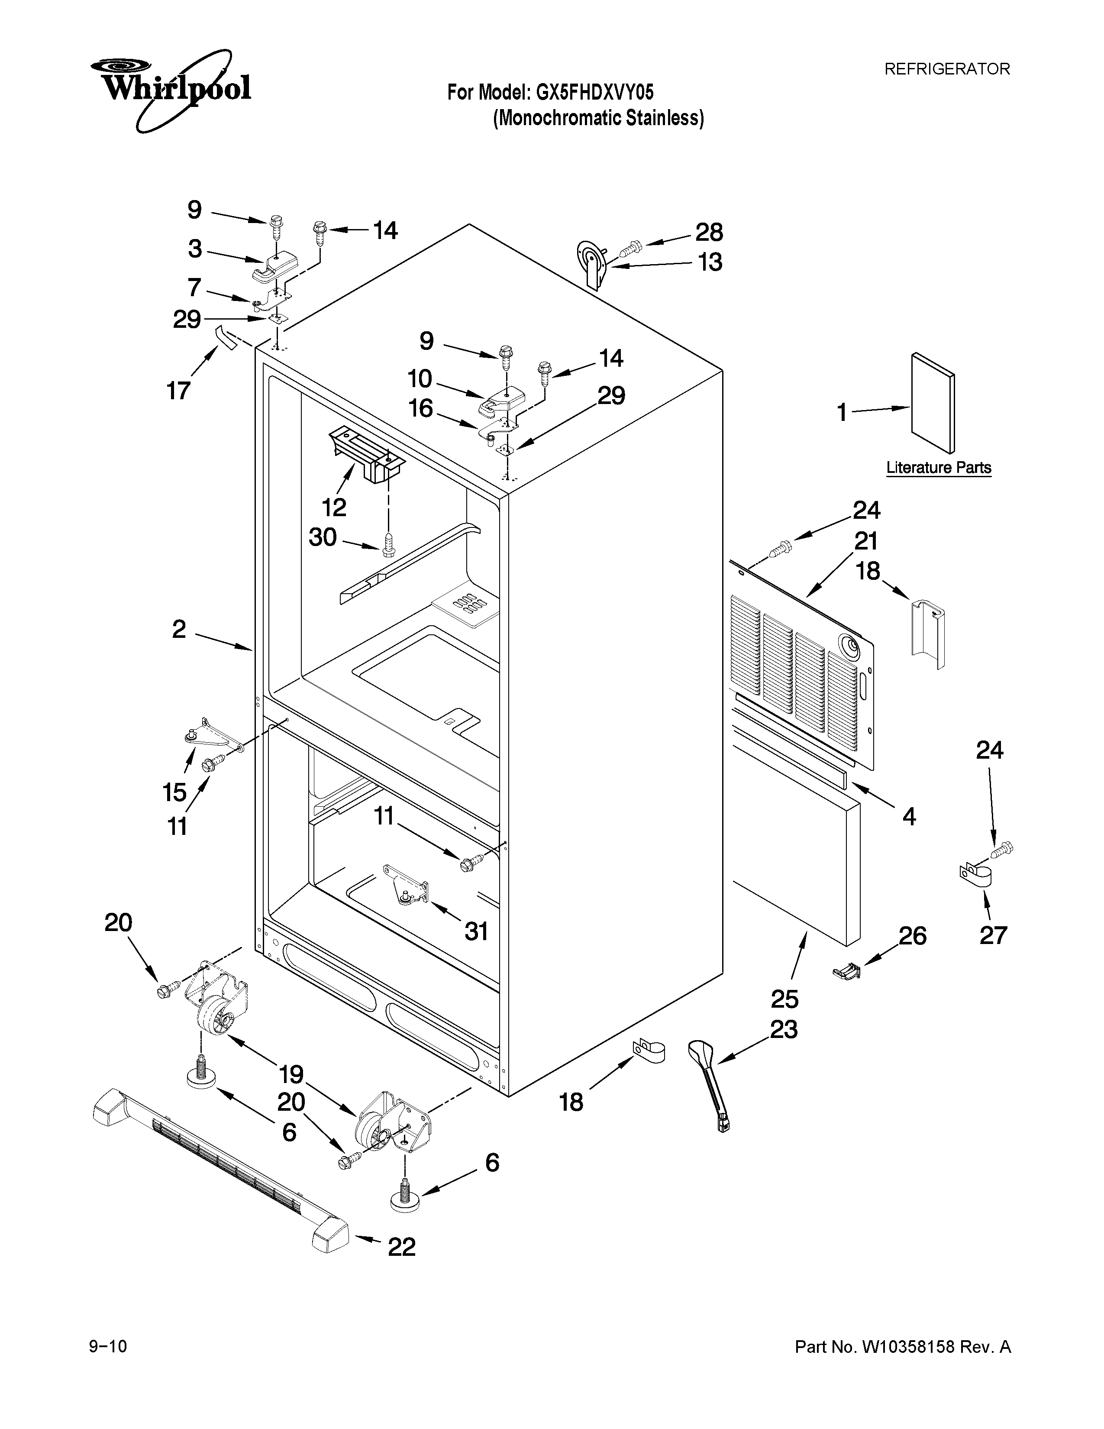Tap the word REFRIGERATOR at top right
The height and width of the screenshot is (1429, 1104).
946,69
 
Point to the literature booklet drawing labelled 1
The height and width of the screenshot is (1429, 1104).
933,402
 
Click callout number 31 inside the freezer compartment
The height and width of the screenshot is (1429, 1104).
476,931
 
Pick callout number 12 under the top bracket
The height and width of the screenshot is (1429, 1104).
333,507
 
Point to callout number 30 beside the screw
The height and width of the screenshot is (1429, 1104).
323,537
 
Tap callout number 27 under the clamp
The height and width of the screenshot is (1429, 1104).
993,935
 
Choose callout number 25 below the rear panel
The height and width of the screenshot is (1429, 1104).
785,999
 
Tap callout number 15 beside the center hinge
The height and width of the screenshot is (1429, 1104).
174,792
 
